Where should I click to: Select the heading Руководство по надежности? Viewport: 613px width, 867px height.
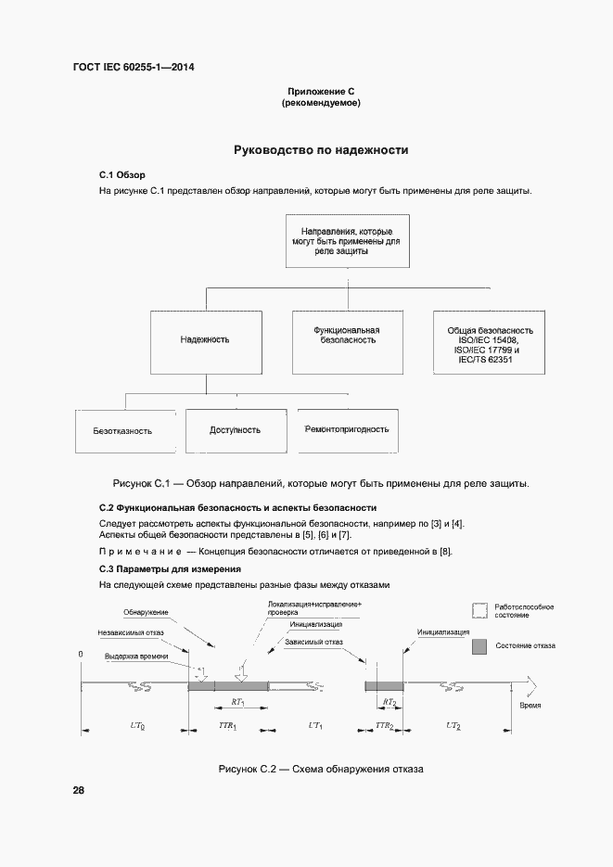(x=320, y=149)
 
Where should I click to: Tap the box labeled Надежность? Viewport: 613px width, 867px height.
(x=205, y=340)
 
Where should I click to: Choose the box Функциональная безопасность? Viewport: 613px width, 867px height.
(x=347, y=335)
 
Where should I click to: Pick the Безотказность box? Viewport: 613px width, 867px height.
(x=122, y=431)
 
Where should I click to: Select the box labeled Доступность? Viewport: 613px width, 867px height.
(x=235, y=430)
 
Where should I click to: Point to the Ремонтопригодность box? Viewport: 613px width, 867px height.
(x=346, y=429)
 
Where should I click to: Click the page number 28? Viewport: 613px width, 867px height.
(x=79, y=790)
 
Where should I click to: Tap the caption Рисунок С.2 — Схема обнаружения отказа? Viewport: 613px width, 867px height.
(x=320, y=770)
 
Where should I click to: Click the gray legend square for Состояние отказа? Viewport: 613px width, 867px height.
(x=479, y=644)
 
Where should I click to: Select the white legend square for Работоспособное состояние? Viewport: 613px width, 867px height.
(x=479, y=610)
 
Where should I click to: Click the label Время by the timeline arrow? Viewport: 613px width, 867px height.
(x=530, y=706)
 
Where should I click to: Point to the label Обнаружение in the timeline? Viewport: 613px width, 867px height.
(x=146, y=613)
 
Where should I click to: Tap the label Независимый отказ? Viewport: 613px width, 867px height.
(x=133, y=634)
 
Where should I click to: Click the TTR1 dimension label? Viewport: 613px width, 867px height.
(x=226, y=724)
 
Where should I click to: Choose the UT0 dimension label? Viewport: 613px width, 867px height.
(x=134, y=724)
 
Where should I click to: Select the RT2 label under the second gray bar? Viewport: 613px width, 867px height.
(x=390, y=703)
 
